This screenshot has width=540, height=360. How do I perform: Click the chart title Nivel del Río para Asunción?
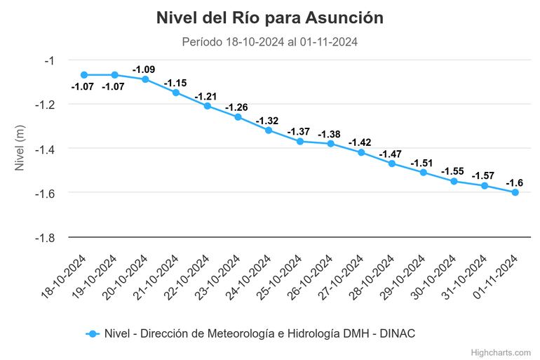pos(270,18)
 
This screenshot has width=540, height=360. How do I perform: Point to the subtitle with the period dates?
pos(270,41)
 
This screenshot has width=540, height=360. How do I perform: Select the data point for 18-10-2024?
pos(84,75)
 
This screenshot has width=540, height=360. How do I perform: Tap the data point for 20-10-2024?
pos(145,79)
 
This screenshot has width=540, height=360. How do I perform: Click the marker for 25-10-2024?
pos(299,141)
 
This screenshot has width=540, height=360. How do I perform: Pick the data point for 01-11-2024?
pos(515,192)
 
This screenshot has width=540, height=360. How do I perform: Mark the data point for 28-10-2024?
pos(392,164)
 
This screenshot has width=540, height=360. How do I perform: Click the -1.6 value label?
pos(515,182)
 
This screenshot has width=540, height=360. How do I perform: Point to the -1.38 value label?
pos(330,134)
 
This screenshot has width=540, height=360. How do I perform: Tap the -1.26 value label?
pos(237,107)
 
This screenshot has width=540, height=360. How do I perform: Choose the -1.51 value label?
pos(422,162)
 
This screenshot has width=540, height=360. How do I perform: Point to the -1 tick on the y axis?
pos(48,60)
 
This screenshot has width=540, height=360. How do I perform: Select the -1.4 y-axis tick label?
pos(44,149)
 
